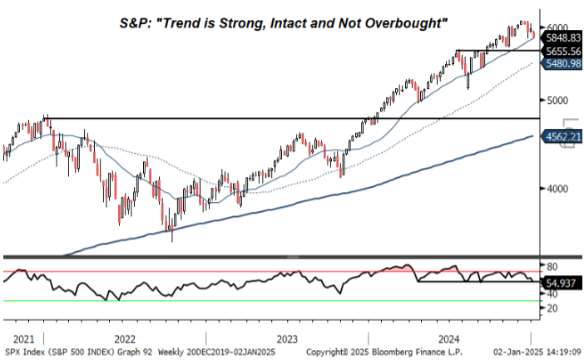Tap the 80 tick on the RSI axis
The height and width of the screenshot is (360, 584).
coord(552,266)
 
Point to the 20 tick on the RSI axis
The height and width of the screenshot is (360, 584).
coord(552,308)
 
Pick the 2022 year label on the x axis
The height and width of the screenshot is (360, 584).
coord(124,339)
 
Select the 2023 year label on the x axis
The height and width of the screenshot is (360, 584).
coord(286,339)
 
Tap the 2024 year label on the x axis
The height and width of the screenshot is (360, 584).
coord(448,339)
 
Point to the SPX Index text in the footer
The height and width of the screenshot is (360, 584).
coord(25,353)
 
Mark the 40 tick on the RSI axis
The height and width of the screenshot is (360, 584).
coord(552,293)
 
